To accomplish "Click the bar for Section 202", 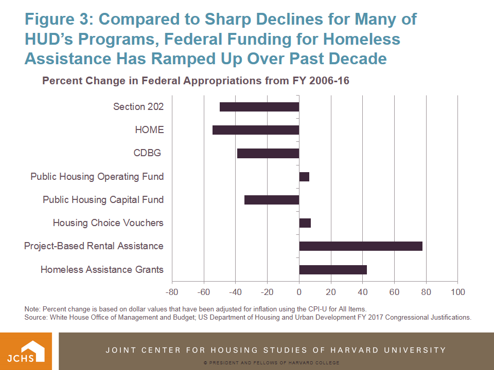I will pos(259,107).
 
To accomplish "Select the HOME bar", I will pos(256,130).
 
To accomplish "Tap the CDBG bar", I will pos(268,153).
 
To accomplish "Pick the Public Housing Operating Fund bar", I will pos(304,177).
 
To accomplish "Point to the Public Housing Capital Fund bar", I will pos(272,200).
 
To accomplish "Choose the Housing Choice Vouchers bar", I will pos(305,223).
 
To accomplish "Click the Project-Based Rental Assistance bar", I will pos(361,246).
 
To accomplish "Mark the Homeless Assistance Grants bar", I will pos(333,270).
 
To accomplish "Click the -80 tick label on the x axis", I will pos(172,292).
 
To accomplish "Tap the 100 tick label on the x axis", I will pos(457,292).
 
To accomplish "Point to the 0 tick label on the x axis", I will pos(299,292).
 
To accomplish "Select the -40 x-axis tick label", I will pos(235,292).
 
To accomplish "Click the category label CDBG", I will pos(147,153).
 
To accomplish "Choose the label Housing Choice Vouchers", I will pos(108,223).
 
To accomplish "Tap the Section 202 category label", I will pos(138,107).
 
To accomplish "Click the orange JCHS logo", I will pos(29,351).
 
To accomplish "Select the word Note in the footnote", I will pos(32,309).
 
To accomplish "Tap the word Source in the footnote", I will pos(36,317).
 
